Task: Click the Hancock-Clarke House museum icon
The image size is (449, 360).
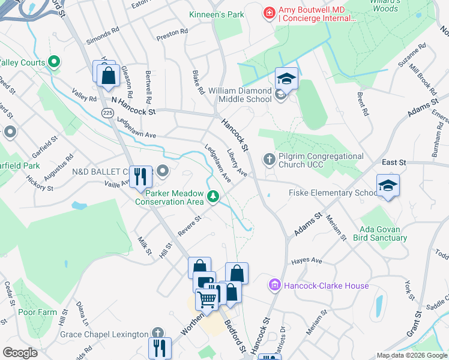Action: tap(276, 286)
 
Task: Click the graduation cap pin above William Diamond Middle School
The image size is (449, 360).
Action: tap(286, 79)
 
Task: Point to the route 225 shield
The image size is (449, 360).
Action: tap(107, 113)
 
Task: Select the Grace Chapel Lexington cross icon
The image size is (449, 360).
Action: tap(157, 334)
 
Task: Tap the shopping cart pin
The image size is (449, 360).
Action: tap(207, 298)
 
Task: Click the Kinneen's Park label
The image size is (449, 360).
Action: tap(216, 14)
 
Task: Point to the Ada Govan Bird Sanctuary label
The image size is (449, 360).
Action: tap(383, 233)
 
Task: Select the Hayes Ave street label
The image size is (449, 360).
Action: tap(307, 261)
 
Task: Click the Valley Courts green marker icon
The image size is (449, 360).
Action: tap(53, 61)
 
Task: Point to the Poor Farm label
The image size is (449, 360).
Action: tap(37, 312)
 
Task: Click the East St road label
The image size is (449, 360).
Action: tap(394, 163)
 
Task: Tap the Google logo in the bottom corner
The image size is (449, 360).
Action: tap(20, 353)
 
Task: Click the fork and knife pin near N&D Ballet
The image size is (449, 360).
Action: tap(140, 175)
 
